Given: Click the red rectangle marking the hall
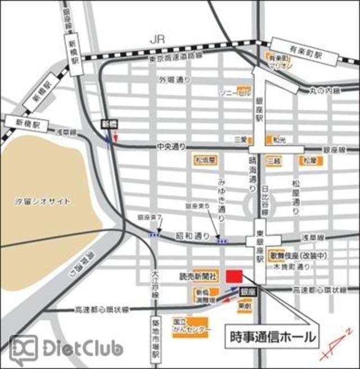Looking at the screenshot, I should [234, 277].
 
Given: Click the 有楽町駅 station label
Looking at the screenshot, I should [298, 49].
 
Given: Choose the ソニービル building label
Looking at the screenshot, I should [235, 91].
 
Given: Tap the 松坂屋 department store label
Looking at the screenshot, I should [205, 161].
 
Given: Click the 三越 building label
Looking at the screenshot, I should [274, 161].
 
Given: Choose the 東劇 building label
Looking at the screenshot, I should [244, 306].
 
